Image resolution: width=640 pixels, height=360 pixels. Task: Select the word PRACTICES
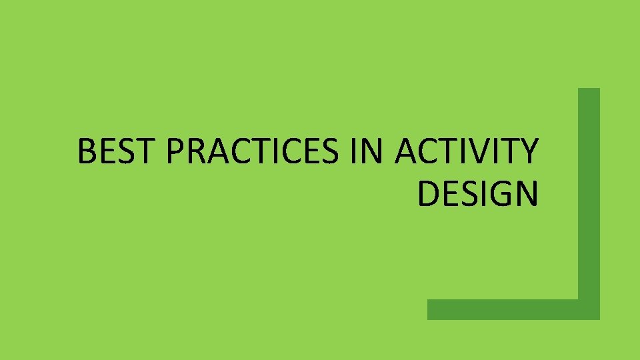[x=253, y=152]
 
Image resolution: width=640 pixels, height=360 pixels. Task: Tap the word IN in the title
[x=367, y=152]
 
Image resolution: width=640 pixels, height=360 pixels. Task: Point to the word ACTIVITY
[x=465, y=152]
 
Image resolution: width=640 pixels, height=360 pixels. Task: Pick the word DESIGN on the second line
[x=477, y=193]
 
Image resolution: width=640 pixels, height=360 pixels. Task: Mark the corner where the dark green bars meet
[x=589, y=309]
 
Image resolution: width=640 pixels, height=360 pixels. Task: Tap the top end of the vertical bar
[x=589, y=92]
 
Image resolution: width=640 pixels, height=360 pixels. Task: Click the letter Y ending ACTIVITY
[x=527, y=152]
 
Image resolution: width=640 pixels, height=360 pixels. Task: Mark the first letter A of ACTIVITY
[x=407, y=152]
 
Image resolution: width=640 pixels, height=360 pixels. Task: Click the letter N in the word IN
[x=372, y=152]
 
